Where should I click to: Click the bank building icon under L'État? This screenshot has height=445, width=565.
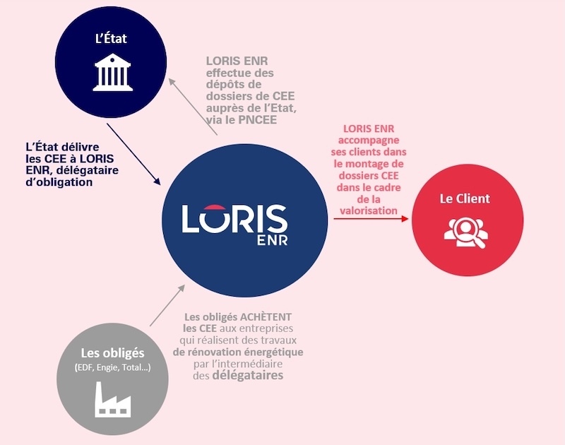(x=113, y=72)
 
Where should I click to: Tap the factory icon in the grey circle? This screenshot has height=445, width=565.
(x=113, y=400)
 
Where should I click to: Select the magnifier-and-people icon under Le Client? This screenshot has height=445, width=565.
(x=466, y=232)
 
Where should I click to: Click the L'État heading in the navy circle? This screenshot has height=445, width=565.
(x=111, y=38)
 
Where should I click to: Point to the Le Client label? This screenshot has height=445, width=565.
(x=465, y=198)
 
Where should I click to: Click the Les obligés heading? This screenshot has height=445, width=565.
(x=112, y=352)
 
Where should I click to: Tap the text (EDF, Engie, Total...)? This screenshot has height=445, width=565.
(x=113, y=367)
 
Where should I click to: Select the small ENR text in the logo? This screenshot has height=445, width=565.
(x=273, y=240)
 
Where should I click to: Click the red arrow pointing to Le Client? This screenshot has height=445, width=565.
(x=371, y=219)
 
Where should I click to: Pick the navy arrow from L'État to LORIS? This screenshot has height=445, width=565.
(x=133, y=155)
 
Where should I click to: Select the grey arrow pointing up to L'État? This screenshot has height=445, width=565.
(x=193, y=107)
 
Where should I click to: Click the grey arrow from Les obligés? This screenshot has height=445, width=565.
(x=167, y=306)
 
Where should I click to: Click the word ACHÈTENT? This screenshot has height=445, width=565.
(x=266, y=317)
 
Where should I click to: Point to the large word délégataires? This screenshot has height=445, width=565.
(x=248, y=375)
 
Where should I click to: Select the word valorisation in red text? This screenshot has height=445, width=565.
(x=369, y=210)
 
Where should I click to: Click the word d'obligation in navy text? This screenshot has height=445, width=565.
(x=59, y=182)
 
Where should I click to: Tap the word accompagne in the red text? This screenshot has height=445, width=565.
(x=369, y=140)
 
